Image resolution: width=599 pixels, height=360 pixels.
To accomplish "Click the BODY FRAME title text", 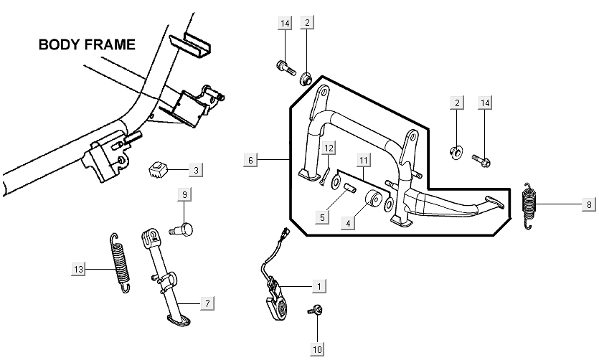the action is [x=87, y=44].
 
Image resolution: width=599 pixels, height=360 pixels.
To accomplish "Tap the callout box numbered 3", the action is [x=196, y=170].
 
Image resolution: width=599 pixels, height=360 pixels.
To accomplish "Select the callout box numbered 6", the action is [x=250, y=160].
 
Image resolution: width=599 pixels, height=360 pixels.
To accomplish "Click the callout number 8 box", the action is [x=589, y=204].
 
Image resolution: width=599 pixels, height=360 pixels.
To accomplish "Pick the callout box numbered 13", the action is [x=78, y=269].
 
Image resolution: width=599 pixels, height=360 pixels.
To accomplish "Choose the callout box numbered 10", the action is [x=318, y=349].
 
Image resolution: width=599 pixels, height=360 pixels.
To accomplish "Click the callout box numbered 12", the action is [x=329, y=148].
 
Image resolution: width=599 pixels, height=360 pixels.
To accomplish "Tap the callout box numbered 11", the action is [x=363, y=160].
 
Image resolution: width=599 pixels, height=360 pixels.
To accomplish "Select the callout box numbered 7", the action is [x=207, y=303].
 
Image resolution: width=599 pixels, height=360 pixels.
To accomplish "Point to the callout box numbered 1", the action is [x=319, y=286].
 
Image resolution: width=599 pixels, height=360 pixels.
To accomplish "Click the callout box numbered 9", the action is [x=184, y=194].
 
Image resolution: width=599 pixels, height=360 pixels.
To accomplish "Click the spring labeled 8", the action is [x=529, y=206].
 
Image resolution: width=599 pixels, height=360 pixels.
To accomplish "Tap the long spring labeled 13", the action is [x=121, y=262].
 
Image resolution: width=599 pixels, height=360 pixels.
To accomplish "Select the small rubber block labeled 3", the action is [x=158, y=169].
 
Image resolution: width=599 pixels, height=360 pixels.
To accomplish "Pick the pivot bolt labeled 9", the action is [x=181, y=229].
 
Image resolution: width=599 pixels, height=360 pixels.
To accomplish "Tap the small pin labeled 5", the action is [x=350, y=188].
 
